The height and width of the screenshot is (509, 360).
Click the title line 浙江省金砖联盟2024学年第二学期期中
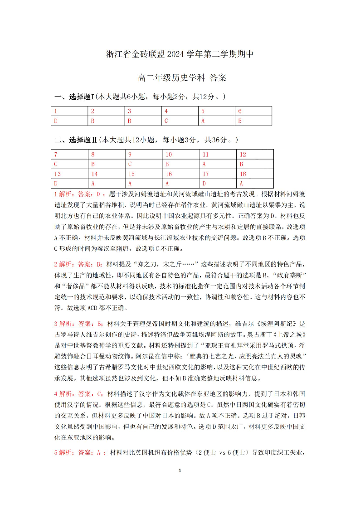pos(180,55)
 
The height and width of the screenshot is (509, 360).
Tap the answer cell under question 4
pos(180,121)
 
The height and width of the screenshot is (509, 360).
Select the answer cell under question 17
pos(218,184)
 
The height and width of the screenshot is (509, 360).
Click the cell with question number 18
pos(255,174)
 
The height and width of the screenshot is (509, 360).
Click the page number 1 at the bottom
pos(180,471)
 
